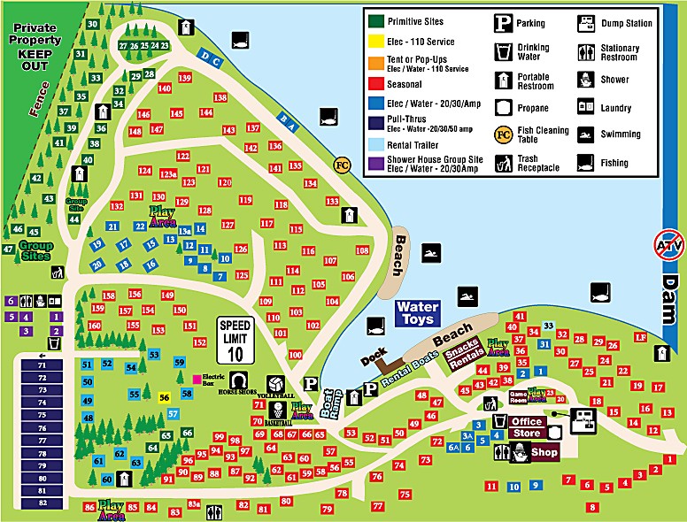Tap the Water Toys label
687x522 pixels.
417,313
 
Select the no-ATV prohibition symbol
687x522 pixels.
667,242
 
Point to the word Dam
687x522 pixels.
670,296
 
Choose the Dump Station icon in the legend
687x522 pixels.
585,23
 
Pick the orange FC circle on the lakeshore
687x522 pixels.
343,164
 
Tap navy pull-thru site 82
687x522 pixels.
42,503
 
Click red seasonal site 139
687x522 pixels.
185,78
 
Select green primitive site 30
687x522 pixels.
93,24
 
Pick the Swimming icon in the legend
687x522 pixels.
585,134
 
